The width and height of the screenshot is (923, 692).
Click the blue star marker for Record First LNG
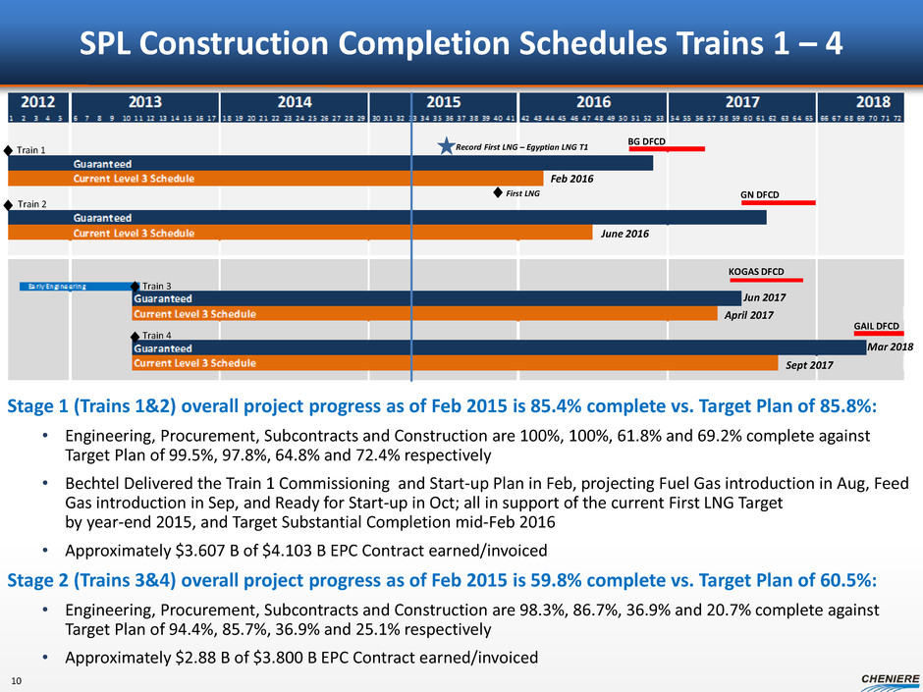coord(445,147)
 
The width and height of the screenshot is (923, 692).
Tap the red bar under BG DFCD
coord(667,150)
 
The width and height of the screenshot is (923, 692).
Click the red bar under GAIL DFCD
coord(879,334)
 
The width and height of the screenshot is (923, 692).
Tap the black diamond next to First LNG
coord(498,194)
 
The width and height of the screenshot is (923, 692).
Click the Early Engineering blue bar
coord(75,287)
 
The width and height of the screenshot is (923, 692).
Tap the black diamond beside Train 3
coord(136,287)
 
